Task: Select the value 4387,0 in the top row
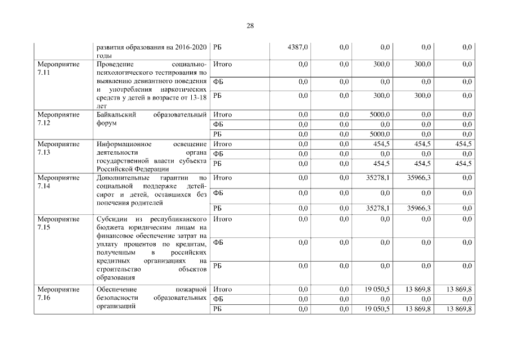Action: [298, 47]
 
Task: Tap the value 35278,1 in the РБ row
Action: [377, 208]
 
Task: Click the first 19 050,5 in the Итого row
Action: [377, 289]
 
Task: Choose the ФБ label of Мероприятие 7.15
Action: [219, 242]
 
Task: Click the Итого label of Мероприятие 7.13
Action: [223, 144]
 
